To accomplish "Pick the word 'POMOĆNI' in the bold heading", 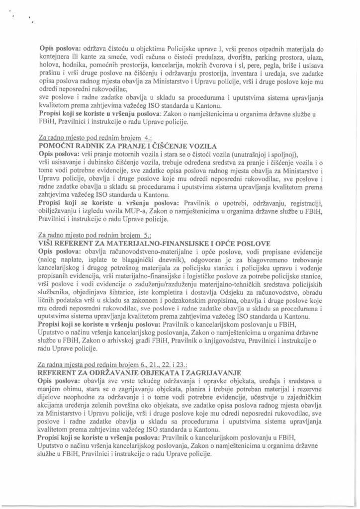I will pyautogui.click(x=59, y=146).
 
